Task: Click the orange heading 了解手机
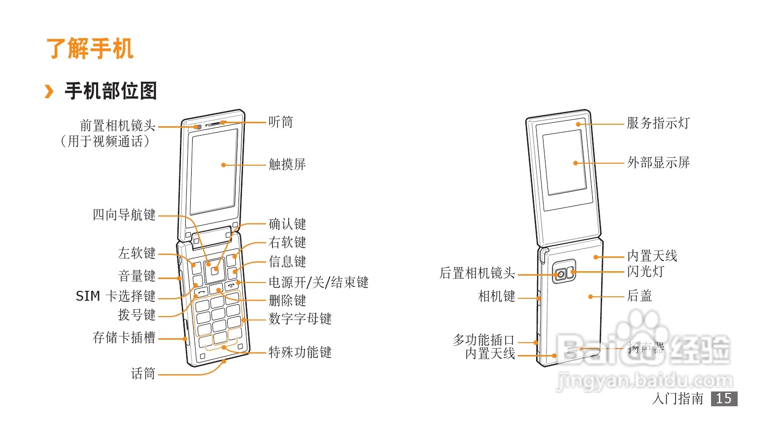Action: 90,49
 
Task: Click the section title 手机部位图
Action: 110,91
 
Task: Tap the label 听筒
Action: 280,122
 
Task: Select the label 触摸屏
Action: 287,164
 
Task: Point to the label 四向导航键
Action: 124,215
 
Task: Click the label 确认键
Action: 287,224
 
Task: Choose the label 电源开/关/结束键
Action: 318,282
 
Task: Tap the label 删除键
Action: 287,300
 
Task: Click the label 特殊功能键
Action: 300,352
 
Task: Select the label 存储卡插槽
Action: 124,338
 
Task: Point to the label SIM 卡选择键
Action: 115,296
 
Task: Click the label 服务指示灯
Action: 658,123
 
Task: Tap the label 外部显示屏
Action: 658,162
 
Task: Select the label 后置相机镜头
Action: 477,273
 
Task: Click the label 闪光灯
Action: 646,271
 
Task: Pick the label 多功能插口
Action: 483,340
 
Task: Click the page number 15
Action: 723,399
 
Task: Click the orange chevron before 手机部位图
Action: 49,91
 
